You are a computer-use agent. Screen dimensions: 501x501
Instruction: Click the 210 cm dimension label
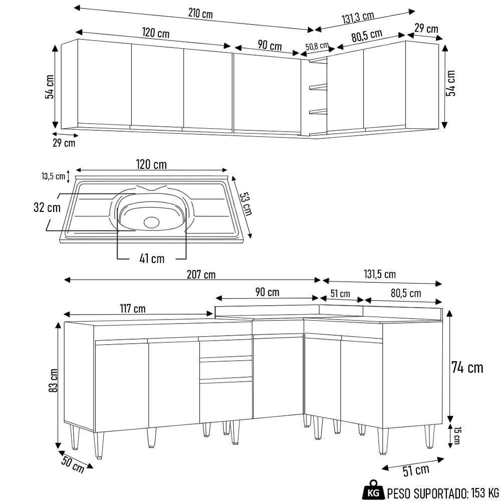pyautogui.click(x=200, y=14)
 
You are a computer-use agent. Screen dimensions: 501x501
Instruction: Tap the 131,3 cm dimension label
pyautogui.click(x=358, y=18)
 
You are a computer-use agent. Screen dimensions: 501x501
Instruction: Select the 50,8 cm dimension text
pyautogui.click(x=317, y=46)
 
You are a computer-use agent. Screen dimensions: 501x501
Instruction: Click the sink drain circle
pyautogui.click(x=150, y=222)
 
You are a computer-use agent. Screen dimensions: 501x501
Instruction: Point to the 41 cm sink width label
pyautogui.click(x=152, y=259)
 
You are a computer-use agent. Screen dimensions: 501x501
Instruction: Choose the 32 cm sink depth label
pyautogui.click(x=44, y=208)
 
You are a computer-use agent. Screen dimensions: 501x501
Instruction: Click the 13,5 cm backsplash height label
pyautogui.click(x=53, y=176)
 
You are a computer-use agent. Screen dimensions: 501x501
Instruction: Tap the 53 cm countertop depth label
pyautogui.click(x=245, y=203)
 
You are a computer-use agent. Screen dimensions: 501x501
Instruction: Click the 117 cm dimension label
pyautogui.click(x=132, y=309)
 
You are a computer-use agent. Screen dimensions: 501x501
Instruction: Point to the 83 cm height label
pyautogui.click(x=54, y=380)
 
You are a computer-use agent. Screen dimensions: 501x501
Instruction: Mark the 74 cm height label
pyautogui.click(x=467, y=368)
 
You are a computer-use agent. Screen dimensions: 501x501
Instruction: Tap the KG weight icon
pyautogui.click(x=373, y=490)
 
